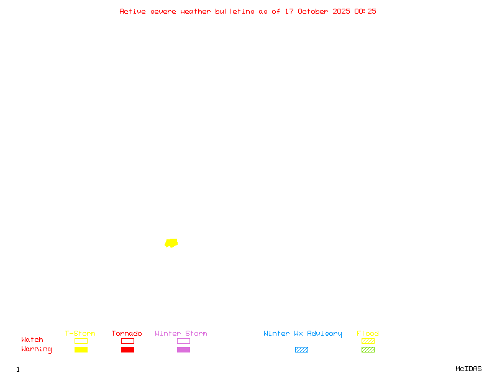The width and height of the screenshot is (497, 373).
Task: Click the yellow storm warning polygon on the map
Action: click(x=171, y=242)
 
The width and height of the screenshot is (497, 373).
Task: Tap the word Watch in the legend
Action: click(x=32, y=340)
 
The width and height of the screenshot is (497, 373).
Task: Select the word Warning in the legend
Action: click(x=37, y=349)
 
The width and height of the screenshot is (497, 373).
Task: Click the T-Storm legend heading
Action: click(x=80, y=333)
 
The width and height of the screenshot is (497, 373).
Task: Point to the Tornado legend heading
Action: click(x=127, y=333)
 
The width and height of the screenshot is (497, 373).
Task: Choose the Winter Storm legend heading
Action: click(x=181, y=333)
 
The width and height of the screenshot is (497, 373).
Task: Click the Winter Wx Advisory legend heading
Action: click(x=303, y=333)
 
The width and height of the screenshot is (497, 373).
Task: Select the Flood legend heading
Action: click(x=368, y=333)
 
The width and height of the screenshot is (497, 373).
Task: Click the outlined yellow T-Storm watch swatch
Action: click(x=81, y=341)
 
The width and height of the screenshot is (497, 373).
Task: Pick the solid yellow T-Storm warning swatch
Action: click(x=81, y=349)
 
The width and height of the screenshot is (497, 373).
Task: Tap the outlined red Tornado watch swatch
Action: click(x=127, y=341)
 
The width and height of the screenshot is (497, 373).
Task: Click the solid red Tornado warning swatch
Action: click(x=127, y=349)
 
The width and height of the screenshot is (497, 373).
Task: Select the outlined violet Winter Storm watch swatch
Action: click(x=183, y=341)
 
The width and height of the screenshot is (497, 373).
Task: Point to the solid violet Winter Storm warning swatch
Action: click(x=183, y=349)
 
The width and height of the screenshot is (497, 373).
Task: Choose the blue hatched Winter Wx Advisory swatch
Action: click(x=301, y=349)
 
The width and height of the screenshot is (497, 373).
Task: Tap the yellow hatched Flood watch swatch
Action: click(x=368, y=341)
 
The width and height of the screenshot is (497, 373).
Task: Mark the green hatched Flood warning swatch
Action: click(x=368, y=349)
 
